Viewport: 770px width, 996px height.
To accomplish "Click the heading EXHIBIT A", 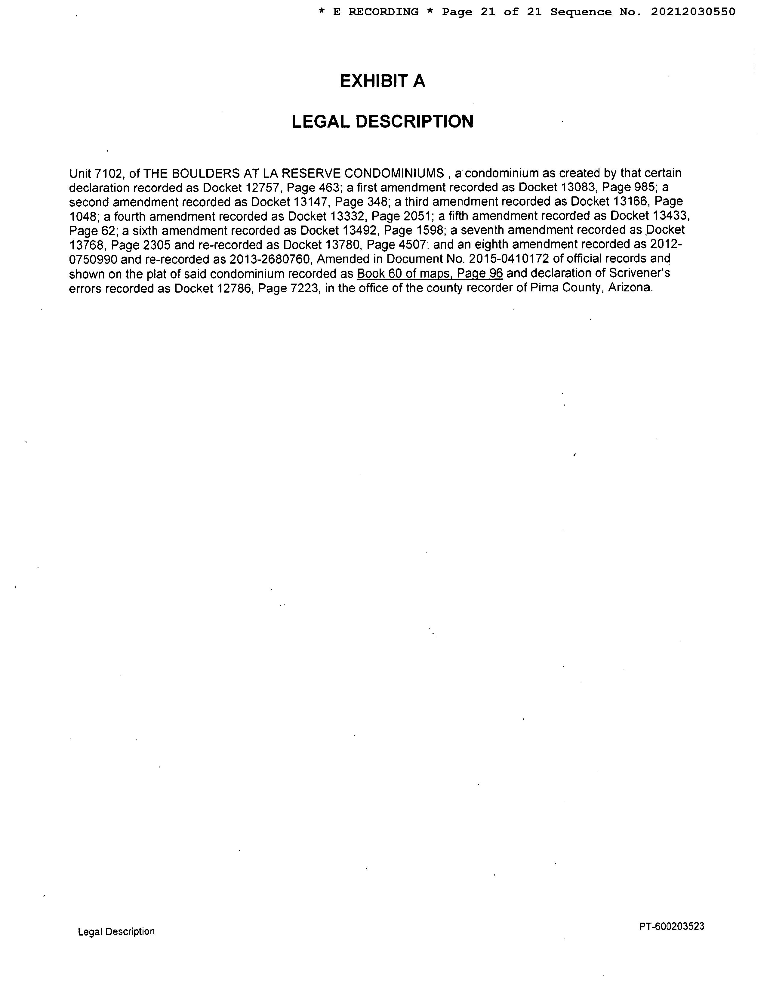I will click(382, 81).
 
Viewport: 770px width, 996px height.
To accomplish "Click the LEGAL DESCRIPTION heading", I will click(382, 121).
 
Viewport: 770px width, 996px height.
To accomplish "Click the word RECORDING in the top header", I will click(383, 12).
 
